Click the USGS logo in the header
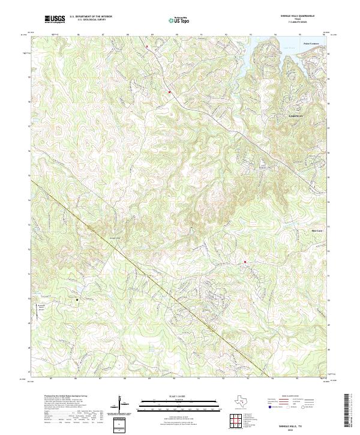point(55,20)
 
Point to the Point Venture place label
point(310,43)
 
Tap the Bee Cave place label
point(317,230)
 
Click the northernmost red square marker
point(146,46)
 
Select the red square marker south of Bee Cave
point(245,262)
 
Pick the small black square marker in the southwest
point(76,298)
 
